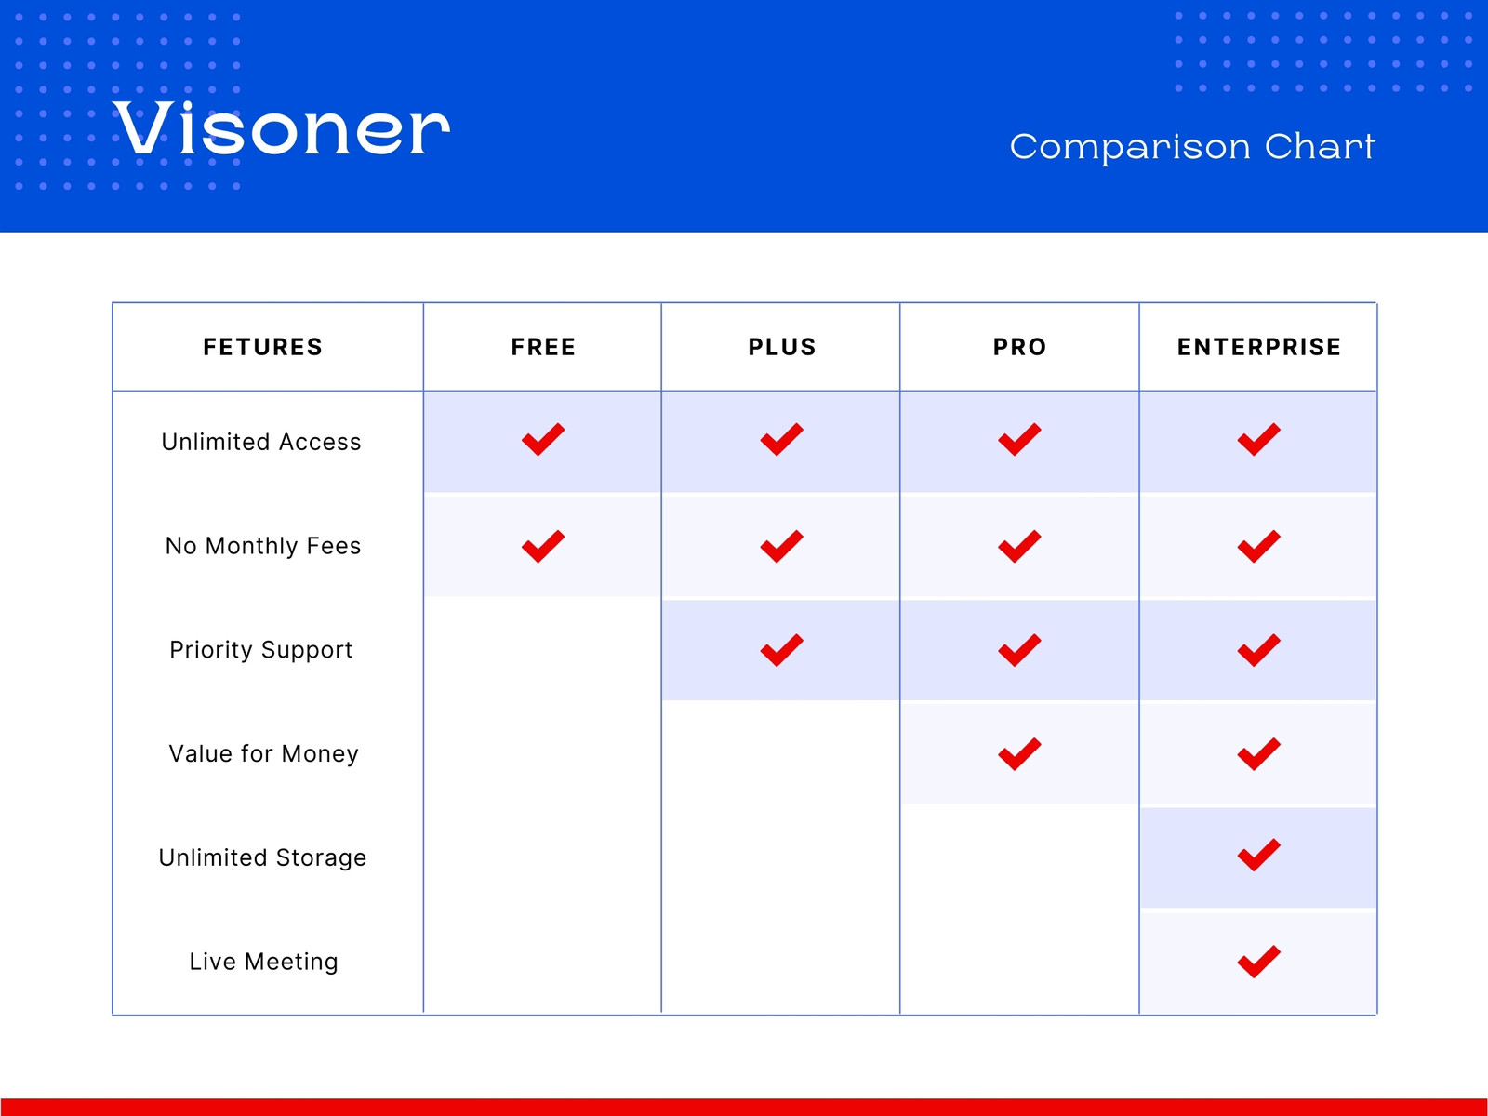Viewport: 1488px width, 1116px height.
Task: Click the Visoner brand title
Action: click(x=281, y=127)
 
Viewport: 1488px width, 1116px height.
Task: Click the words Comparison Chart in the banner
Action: click(x=1192, y=146)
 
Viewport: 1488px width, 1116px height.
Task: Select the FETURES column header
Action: click(x=263, y=347)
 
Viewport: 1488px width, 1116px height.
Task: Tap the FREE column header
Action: click(x=543, y=347)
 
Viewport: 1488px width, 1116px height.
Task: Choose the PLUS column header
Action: click(x=781, y=347)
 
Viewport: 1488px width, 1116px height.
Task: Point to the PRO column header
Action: click(x=1019, y=347)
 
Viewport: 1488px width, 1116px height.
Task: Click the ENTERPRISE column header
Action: click(x=1259, y=347)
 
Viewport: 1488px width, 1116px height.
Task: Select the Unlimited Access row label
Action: click(x=261, y=442)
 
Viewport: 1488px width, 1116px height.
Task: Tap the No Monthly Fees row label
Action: click(x=263, y=546)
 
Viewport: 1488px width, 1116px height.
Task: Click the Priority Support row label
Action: click(x=261, y=650)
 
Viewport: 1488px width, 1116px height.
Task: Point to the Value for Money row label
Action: click(x=263, y=753)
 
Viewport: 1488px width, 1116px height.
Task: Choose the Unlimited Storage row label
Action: click(x=262, y=857)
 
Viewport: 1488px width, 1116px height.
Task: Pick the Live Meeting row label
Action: click(x=263, y=962)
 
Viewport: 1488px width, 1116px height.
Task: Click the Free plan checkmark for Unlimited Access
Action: click(x=543, y=440)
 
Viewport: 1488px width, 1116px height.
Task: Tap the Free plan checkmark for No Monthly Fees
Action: click(x=543, y=546)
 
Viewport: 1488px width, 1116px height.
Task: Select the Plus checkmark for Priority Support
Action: click(x=781, y=650)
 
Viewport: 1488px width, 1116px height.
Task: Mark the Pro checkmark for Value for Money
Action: click(x=1019, y=754)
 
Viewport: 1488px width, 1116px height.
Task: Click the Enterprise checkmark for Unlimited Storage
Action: click(x=1259, y=855)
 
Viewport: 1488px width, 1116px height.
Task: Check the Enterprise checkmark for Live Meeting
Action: click(x=1259, y=962)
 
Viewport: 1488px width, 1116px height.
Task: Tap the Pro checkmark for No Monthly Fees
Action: click(x=1019, y=546)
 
